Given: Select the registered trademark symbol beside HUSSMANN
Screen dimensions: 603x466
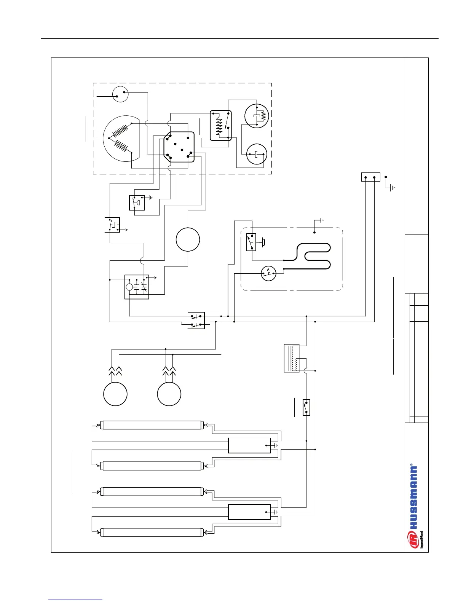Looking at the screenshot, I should click(411, 465).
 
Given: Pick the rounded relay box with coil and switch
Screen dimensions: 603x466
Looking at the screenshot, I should click(221, 125).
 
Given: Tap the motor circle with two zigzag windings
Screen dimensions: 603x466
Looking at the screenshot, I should click(121, 139).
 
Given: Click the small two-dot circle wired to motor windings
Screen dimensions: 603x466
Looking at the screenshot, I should click(120, 94).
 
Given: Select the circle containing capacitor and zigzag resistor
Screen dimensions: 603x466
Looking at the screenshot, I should click(257, 115).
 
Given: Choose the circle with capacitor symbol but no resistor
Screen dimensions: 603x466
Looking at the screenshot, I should click(256, 154).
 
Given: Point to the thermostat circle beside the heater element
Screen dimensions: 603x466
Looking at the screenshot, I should click(268, 273).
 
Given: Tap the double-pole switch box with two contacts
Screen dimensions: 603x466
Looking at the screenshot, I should click(196, 321).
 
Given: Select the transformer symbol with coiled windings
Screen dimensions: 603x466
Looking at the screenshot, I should click(292, 358).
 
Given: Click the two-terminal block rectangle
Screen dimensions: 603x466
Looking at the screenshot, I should click(370, 177).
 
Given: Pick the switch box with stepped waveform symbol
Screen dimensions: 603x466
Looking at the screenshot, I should click(112, 225).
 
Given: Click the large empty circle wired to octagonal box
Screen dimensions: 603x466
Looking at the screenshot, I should click(188, 239).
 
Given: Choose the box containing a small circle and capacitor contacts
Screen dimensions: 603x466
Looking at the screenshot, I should click(137, 287).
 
